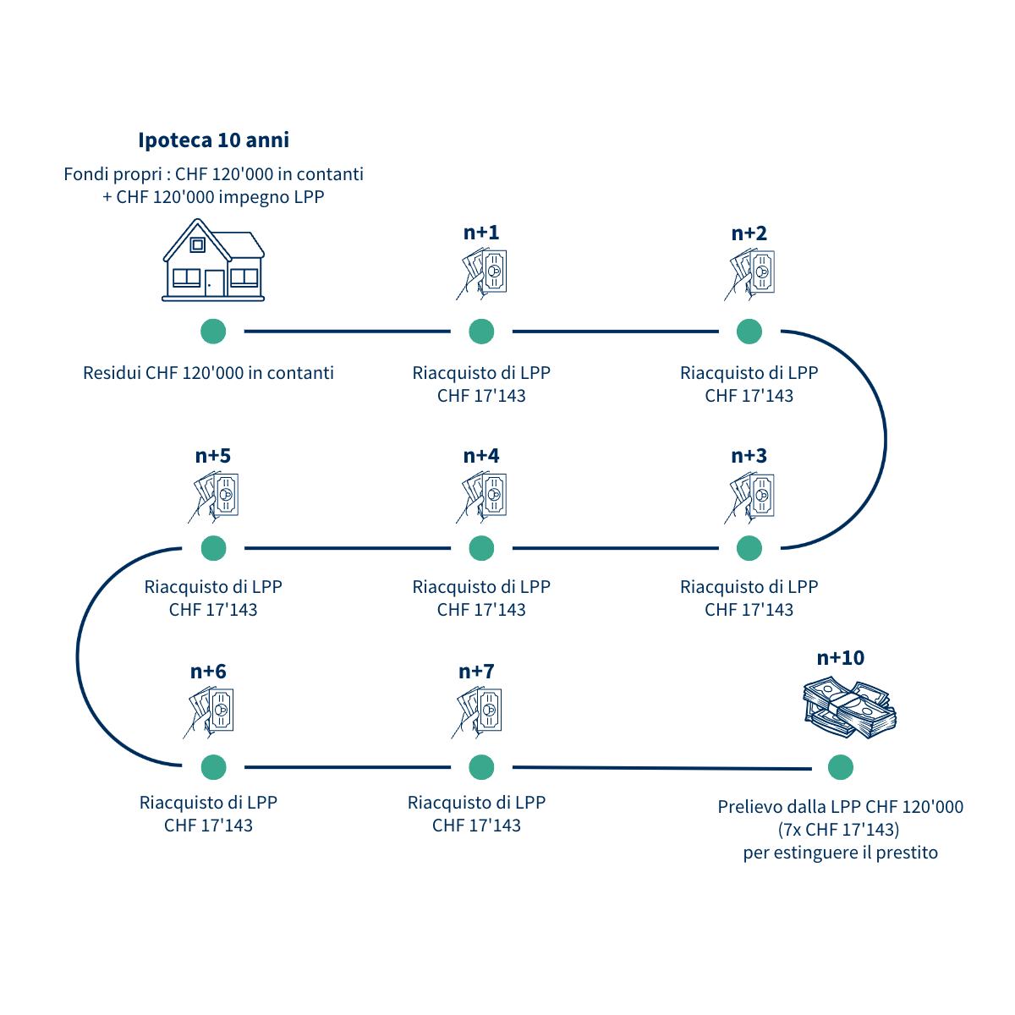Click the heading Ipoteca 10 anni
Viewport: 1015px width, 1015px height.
(213, 140)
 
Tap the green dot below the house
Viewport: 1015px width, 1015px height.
(213, 332)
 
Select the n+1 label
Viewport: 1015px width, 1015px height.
(481, 233)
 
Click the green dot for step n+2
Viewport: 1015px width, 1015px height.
(749, 332)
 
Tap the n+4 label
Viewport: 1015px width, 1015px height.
(481, 456)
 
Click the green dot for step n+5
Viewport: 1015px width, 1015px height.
(213, 548)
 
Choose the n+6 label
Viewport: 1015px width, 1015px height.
(208, 672)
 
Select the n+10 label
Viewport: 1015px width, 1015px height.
(841, 658)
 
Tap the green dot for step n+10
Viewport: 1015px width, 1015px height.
(841, 767)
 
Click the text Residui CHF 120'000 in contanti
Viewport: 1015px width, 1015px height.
(208, 372)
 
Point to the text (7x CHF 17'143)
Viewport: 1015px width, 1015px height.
(839, 829)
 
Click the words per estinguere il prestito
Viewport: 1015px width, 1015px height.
(841, 852)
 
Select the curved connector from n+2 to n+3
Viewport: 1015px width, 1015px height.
(884, 440)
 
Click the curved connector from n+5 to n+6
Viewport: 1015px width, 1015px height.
(79, 658)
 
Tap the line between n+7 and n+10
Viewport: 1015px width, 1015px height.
(660, 768)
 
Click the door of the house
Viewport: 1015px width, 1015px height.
(215, 283)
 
